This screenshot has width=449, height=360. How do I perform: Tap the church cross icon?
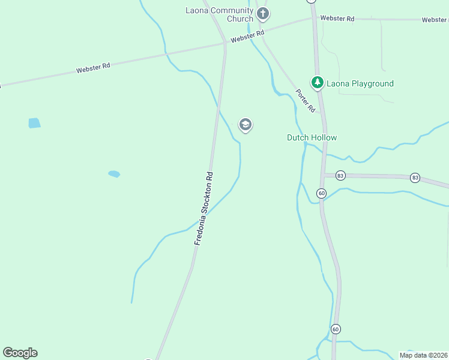tap(262, 13)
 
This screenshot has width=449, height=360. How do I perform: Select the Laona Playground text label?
tap(360, 83)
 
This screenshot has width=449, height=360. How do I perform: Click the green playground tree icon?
tap(317, 82)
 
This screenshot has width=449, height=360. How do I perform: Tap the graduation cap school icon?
tap(245, 125)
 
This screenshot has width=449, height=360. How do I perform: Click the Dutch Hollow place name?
tap(312, 137)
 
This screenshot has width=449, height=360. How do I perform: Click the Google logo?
tap(20, 353)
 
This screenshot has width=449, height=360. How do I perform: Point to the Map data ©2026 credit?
tap(423, 355)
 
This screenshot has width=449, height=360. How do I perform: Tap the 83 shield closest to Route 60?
tap(341, 175)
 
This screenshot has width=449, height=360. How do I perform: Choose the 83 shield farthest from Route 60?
tap(415, 178)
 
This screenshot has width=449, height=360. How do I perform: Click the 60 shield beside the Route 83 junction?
tap(322, 193)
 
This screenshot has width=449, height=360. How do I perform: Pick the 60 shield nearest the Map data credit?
tap(336, 329)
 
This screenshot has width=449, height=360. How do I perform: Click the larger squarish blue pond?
tap(34, 123)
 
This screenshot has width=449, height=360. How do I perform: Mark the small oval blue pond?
tap(114, 174)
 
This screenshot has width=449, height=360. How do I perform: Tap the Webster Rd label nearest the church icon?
tap(247, 36)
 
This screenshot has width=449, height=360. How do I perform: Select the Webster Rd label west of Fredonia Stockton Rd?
tap(93, 68)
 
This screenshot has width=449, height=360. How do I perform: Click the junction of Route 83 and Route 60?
tap(324, 175)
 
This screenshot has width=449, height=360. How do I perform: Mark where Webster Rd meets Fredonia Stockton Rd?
tap(224, 43)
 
